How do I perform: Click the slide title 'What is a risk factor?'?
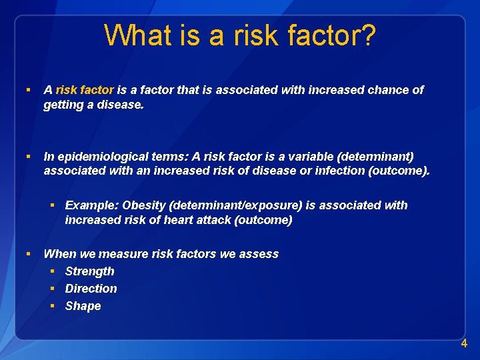(x=240, y=35)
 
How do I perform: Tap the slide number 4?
(x=464, y=344)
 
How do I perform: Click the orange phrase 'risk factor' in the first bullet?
(x=85, y=90)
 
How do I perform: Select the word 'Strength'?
(x=89, y=271)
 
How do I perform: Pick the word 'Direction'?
(x=91, y=289)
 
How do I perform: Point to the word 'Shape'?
(x=83, y=306)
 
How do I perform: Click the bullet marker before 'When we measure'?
(x=28, y=254)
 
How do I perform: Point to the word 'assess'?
(x=261, y=254)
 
